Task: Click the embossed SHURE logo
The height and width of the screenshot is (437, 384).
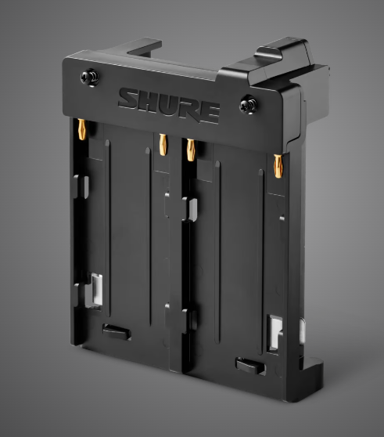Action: click(169, 105)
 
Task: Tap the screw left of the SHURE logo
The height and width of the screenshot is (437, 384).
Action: click(90, 78)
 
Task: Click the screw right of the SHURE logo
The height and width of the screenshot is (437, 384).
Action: click(248, 105)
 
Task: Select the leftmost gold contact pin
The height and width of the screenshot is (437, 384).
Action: click(82, 129)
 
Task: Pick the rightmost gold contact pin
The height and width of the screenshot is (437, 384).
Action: click(278, 166)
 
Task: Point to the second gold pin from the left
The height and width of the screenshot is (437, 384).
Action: click(163, 145)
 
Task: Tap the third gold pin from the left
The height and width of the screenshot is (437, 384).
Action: click(191, 150)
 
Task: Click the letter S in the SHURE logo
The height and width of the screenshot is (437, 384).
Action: click(129, 99)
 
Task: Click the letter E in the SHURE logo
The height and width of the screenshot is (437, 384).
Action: click(209, 112)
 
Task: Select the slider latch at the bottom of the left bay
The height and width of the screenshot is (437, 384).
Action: click(117, 331)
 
